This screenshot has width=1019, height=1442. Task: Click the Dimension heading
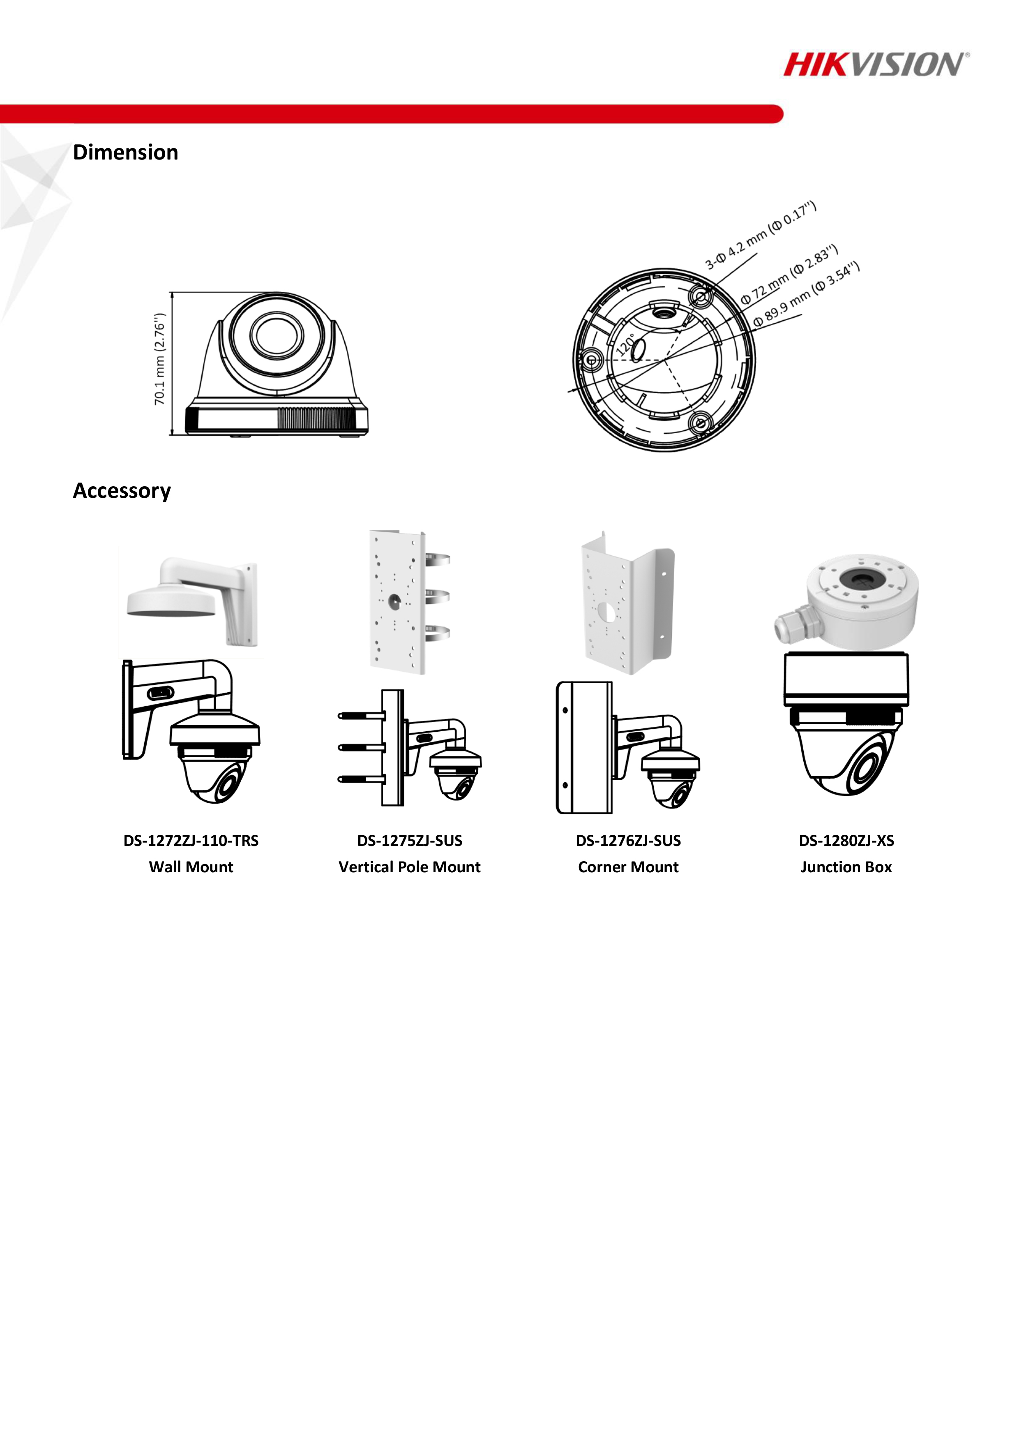coord(126,153)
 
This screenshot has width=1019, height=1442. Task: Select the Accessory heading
coord(122,490)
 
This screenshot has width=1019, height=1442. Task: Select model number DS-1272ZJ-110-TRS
coord(191,840)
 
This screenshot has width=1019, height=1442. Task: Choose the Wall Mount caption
coord(191,867)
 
